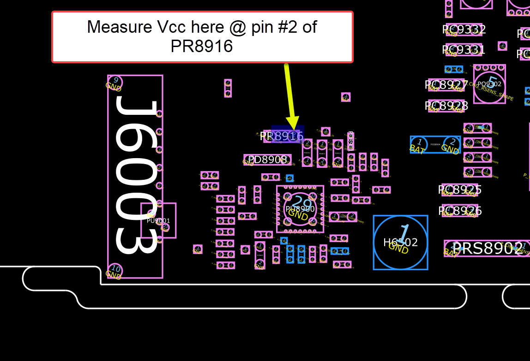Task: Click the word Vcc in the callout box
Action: (204, 27)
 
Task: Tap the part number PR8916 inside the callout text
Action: (202, 46)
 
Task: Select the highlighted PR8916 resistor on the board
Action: (287, 136)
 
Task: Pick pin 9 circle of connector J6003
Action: (115, 82)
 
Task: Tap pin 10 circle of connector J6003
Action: (115, 270)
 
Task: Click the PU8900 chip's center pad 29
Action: (301, 205)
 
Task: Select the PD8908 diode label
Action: (267, 160)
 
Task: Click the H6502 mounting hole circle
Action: (400, 243)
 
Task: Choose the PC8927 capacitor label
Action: (446, 85)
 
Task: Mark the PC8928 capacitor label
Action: (446, 106)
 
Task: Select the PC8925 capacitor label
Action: (459, 190)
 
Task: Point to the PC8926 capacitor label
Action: (459, 211)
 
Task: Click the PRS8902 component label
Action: (488, 249)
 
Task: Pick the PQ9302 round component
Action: (489, 84)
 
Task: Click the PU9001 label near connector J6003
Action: (158, 221)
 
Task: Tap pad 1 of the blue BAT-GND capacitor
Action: (419, 142)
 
